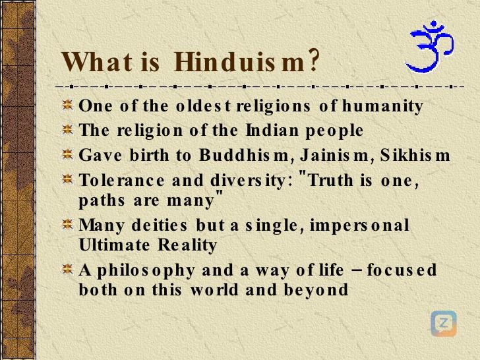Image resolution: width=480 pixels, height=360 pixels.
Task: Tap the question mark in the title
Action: (314, 62)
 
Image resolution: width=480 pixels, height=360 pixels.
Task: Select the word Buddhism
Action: (221, 156)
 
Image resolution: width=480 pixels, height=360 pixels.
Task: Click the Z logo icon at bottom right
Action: (443, 323)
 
